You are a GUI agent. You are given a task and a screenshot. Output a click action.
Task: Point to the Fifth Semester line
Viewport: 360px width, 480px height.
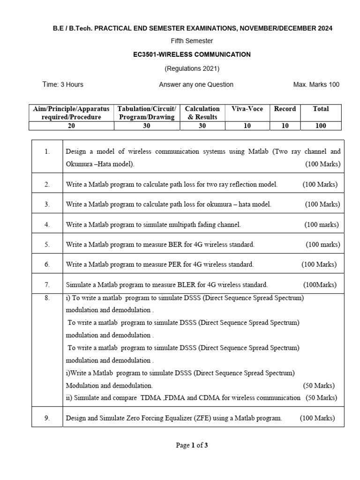[x=192, y=41]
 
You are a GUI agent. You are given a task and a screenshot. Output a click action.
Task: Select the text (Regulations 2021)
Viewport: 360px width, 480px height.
[x=192, y=68]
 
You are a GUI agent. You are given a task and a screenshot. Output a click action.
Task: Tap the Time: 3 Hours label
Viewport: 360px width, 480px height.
[x=63, y=84]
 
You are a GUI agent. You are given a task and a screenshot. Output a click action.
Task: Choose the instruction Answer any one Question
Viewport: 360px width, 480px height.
[x=196, y=84]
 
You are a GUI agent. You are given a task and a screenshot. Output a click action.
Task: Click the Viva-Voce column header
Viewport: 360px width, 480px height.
[x=247, y=109]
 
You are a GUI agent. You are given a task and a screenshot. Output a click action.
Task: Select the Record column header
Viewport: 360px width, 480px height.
[x=285, y=109]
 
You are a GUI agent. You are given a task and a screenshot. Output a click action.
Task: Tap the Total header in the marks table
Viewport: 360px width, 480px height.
[x=321, y=109]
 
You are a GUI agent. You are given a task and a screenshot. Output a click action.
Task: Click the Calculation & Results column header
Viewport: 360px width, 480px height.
[x=202, y=113]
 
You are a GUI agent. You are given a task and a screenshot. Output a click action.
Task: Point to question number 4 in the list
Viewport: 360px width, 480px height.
[x=47, y=225]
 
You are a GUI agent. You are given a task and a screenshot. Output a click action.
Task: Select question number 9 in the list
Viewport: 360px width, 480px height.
[x=47, y=418]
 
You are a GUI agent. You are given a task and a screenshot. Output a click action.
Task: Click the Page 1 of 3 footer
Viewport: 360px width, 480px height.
[x=192, y=445]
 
